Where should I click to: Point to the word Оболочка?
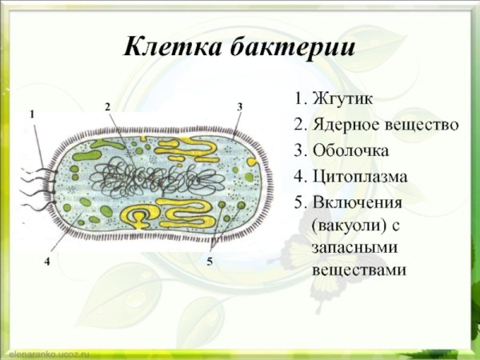[x=351, y=150]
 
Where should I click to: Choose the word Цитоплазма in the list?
[x=360, y=176]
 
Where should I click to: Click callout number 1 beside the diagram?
[x=32, y=114]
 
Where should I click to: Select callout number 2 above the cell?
[x=107, y=106]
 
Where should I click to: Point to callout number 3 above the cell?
[x=239, y=106]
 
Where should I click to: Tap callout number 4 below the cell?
[x=48, y=261]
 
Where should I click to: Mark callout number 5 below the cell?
[x=209, y=261]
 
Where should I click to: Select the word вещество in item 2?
[x=419, y=125]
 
